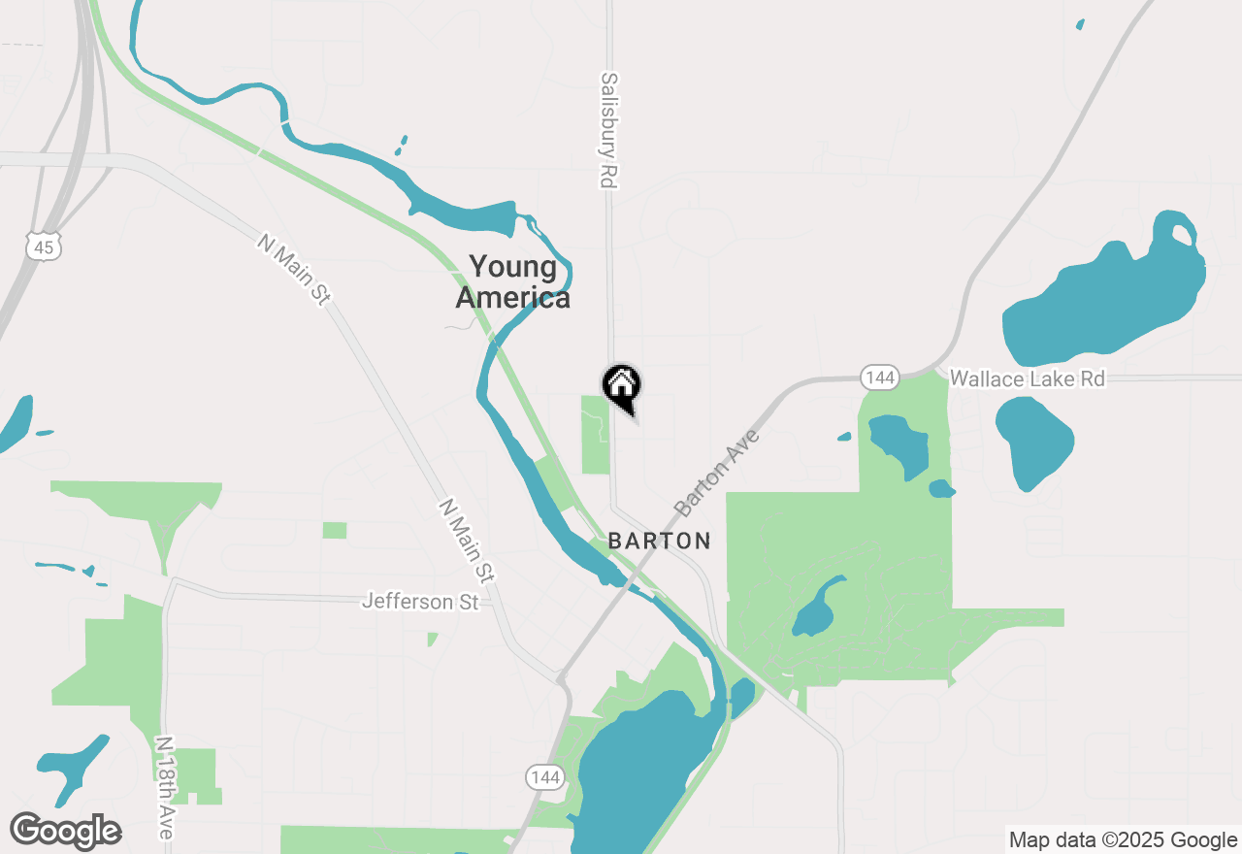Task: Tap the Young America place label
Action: coord(513,281)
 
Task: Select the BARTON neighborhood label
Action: coord(660,542)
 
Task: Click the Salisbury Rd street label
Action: coord(609,130)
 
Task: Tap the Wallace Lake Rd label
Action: coord(1027,378)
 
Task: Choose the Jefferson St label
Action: coord(420,602)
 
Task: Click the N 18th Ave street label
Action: coord(165,788)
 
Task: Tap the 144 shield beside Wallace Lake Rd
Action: coord(880,378)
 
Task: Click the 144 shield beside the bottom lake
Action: coord(545,776)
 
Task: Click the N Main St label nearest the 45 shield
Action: coord(293,270)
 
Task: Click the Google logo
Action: coord(65,831)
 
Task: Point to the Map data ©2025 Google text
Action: coord(1123,840)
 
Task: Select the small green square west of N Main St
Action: coord(335,530)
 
